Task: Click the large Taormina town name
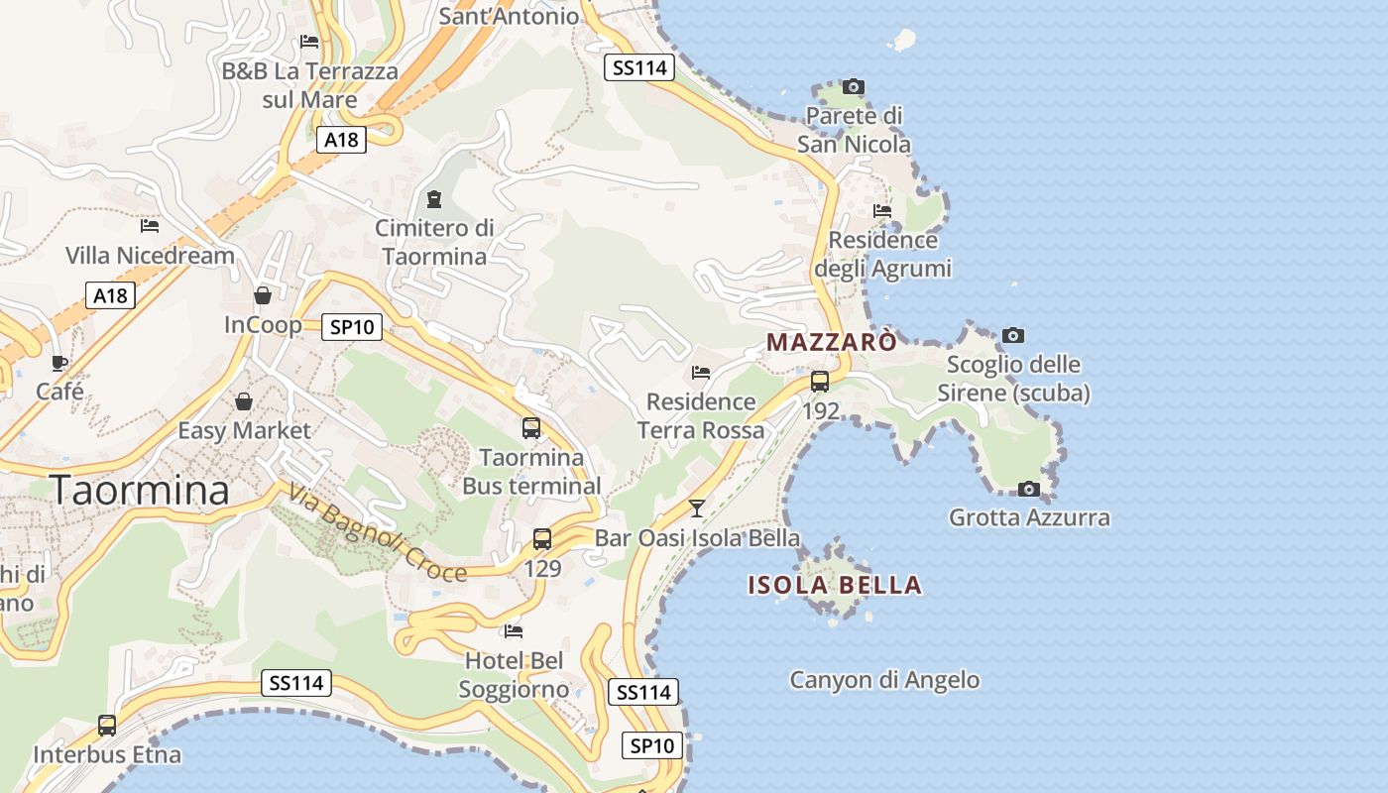[x=139, y=490]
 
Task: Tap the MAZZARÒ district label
[x=832, y=342]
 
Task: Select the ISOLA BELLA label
[x=835, y=585]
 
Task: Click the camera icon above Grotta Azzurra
[x=1029, y=489]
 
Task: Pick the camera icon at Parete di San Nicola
[x=853, y=87]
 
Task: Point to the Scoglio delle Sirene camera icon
[x=1012, y=335]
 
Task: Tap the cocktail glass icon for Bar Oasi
[x=697, y=509]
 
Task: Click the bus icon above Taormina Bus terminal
[x=531, y=428]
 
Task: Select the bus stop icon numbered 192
[x=820, y=382]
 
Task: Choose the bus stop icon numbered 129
[x=542, y=539]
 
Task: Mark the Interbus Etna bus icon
[x=107, y=726]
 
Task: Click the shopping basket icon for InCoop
[x=263, y=295]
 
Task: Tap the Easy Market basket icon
[x=244, y=401]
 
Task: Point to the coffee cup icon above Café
[x=59, y=363]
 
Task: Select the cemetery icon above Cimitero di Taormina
[x=433, y=199]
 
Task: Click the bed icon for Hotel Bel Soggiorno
[x=514, y=630]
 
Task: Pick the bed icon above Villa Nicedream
[x=150, y=226]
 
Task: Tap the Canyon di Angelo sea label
[x=884, y=680]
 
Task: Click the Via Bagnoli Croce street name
[x=378, y=532]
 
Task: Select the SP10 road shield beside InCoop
[x=352, y=327]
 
